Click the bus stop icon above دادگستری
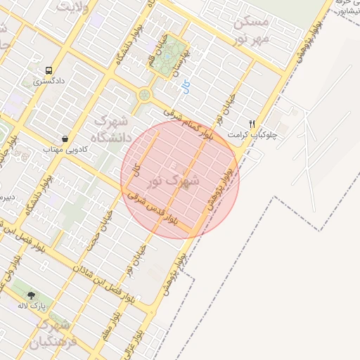pyautogui.click(x=49, y=70)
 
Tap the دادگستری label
pyautogui.click(x=49, y=82)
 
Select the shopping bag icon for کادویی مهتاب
pyautogui.click(x=65, y=139)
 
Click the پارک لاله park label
pyautogui.click(x=31, y=307)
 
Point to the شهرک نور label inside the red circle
pyautogui.click(x=174, y=181)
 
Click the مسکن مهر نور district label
pyautogui.click(x=253, y=30)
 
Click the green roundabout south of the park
pyautogui.click(x=145, y=94)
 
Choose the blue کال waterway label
pyautogui.click(x=186, y=88)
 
